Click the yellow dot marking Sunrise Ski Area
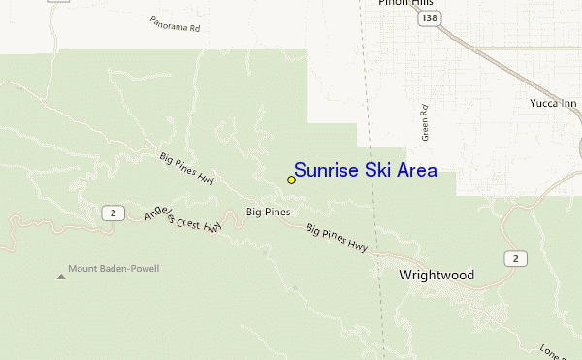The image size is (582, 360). coord(291,180)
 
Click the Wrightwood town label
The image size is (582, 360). coord(436,276)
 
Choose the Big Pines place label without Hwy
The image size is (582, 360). coord(268,212)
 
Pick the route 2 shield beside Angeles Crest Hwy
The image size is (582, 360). coord(113,212)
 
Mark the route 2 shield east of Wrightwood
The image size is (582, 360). coord(515,257)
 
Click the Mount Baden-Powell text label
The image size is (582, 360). coord(113,269)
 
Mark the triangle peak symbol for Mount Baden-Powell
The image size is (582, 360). coord(61,278)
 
